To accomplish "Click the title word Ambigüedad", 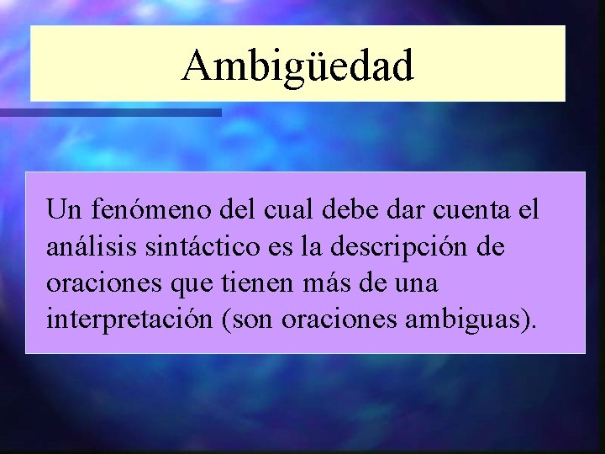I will [298, 66].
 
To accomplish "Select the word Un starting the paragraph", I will [63, 209].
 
